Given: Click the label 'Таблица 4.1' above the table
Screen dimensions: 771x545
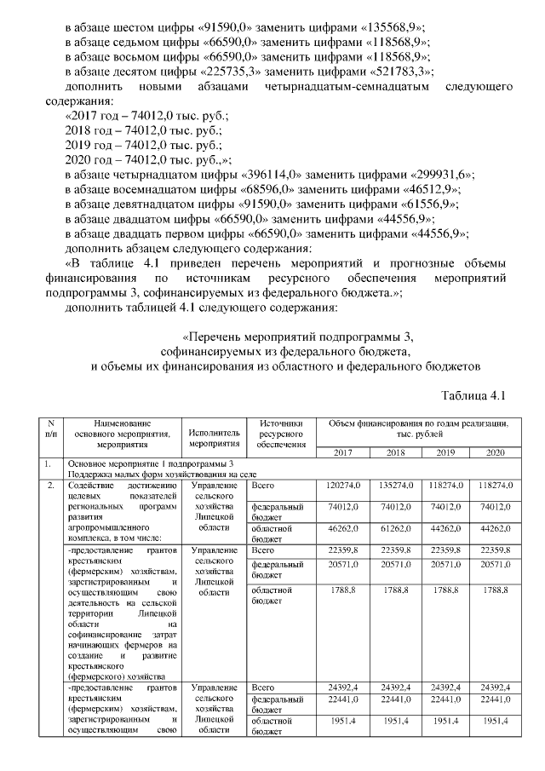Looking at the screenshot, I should [475, 396].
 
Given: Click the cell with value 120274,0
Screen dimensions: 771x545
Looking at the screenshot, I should [344, 485].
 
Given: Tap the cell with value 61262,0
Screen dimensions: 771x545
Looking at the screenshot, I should [398, 528].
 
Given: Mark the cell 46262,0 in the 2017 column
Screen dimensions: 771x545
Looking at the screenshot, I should [346, 528].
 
